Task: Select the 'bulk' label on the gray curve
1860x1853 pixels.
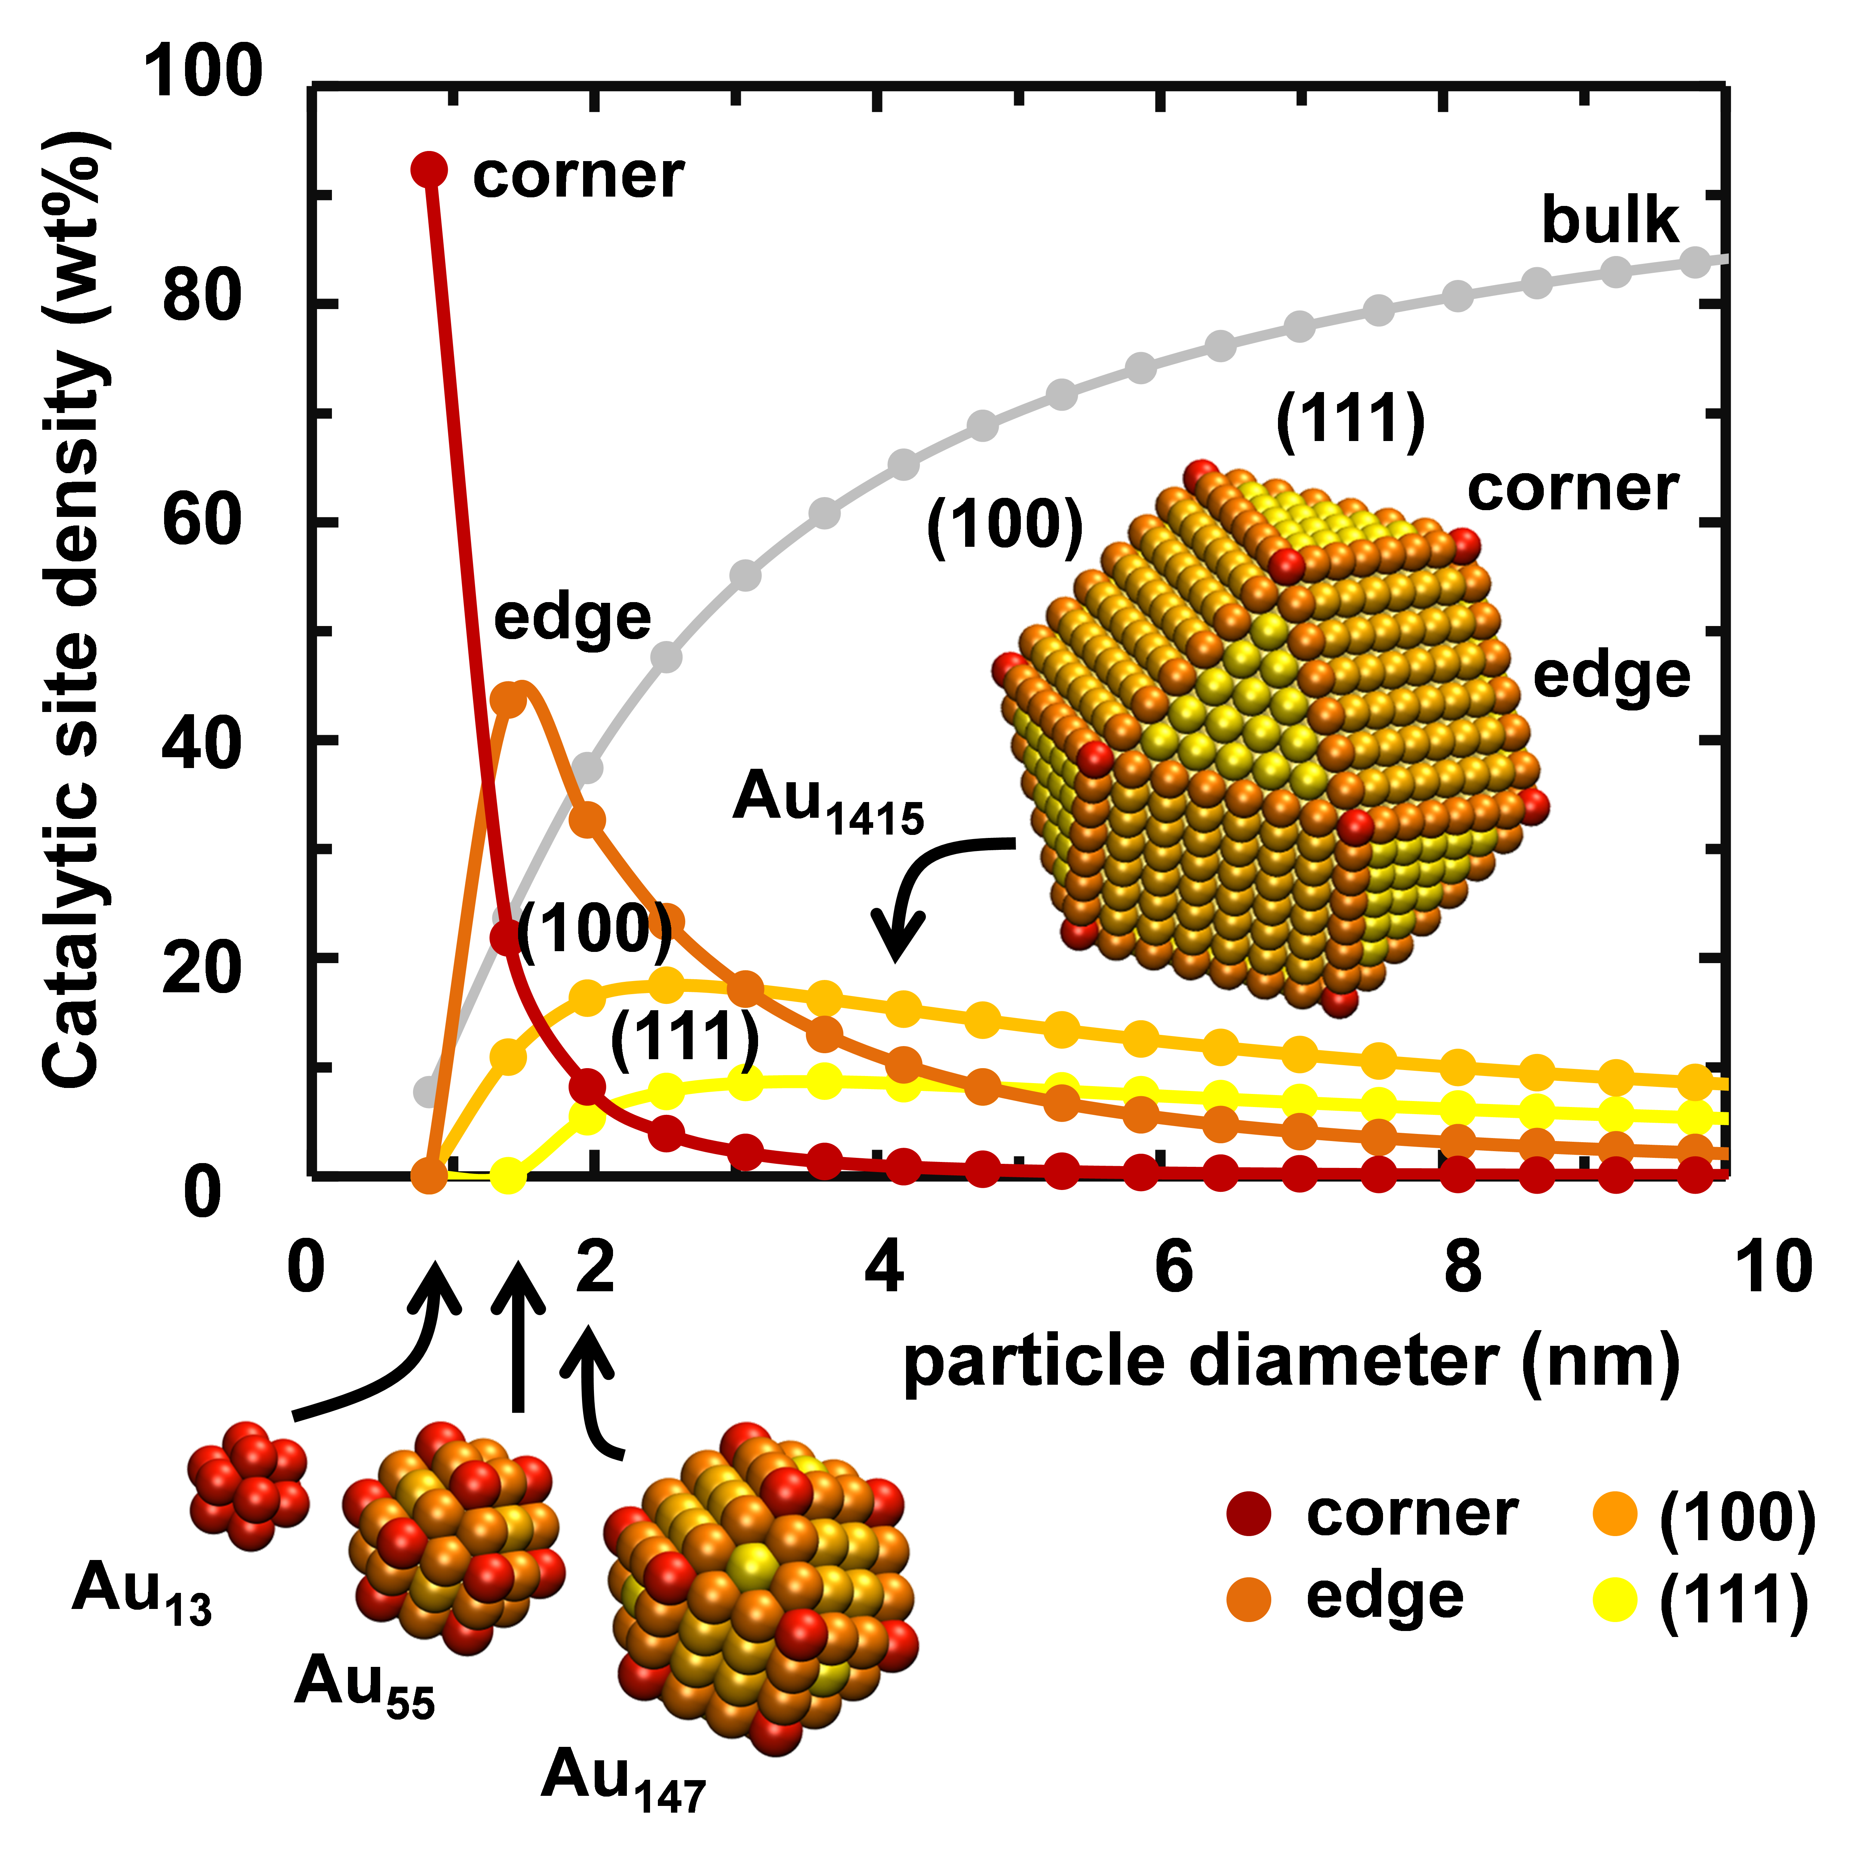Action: tap(1610, 221)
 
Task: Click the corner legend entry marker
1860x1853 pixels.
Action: tap(1249, 1514)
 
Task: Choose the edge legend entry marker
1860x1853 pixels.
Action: tap(1249, 1599)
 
